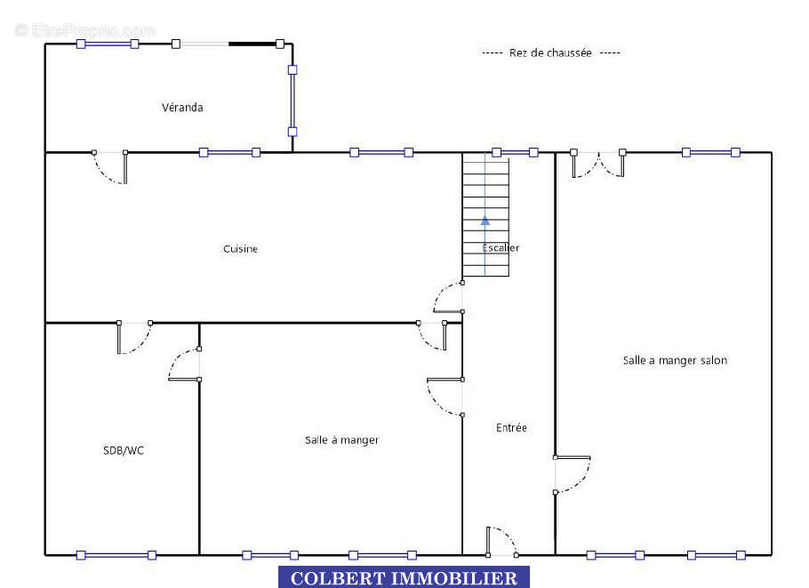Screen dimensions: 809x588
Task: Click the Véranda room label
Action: pos(182,108)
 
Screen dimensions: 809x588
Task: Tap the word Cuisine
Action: pos(240,249)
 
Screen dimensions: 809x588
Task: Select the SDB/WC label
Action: pos(124,450)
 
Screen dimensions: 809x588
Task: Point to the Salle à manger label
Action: pos(341,439)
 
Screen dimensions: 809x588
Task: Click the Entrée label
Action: pos(511,428)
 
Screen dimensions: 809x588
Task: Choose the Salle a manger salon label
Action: pos(675,360)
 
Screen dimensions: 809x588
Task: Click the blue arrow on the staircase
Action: pos(485,221)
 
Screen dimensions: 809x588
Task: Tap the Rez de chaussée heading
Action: pos(550,52)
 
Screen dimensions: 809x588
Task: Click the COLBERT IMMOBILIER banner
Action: pos(404,577)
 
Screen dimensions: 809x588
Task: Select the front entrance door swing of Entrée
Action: pos(501,541)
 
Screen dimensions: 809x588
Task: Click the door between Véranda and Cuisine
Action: pos(110,166)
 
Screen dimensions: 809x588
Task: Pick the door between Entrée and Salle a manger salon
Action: pos(573,474)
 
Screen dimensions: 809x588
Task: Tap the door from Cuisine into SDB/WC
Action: pos(134,338)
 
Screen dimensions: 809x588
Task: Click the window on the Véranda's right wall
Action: pos(292,101)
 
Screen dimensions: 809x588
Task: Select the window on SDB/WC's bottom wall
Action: pos(116,555)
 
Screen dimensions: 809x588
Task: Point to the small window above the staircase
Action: pos(515,152)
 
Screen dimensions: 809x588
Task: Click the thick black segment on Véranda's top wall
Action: pos(252,44)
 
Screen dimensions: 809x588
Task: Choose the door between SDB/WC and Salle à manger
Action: pos(184,365)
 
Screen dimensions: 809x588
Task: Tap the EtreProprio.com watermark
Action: pos(85,30)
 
